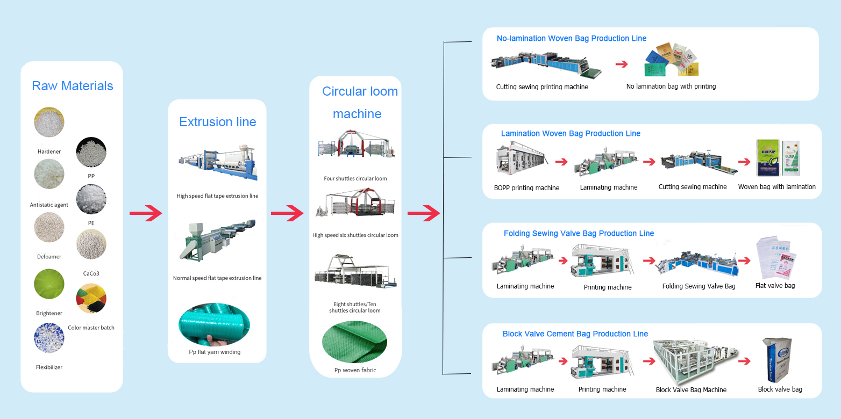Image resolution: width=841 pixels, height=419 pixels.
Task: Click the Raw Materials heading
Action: coord(73,86)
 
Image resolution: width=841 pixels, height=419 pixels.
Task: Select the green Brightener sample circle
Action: coord(49,284)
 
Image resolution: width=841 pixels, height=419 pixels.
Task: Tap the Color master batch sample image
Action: coord(91,298)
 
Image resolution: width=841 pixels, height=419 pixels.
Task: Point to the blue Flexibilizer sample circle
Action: coord(49,338)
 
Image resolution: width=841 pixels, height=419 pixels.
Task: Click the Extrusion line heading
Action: coord(217,122)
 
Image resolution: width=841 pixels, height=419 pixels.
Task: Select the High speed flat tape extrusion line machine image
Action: coord(217,163)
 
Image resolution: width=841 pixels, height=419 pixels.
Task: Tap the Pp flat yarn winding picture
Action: coord(214,325)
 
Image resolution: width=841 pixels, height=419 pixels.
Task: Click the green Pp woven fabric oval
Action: coord(354,342)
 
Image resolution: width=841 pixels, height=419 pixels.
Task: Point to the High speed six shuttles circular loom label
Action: coord(355,235)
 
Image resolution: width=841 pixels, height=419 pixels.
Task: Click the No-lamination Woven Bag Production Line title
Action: coord(571,39)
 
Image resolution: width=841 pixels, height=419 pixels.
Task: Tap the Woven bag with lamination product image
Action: coord(778,158)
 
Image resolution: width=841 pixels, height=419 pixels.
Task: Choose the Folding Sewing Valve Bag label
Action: coord(699,286)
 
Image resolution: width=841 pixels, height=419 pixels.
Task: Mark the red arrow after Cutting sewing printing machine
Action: coord(621,64)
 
